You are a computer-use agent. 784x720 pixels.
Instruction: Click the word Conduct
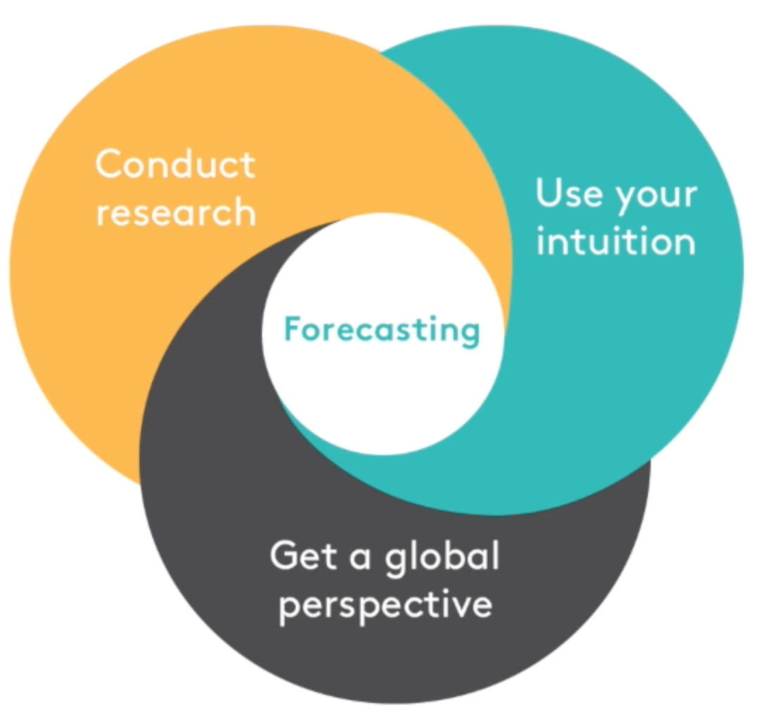[175, 164]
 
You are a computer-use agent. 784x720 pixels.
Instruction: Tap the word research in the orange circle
[176, 212]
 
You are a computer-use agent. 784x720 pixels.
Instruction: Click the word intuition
[616, 241]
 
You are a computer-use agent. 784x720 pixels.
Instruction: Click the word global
[442, 557]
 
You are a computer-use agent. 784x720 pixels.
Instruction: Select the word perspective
[385, 606]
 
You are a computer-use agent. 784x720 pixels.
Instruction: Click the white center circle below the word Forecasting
[382, 400]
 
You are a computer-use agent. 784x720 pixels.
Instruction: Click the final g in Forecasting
[471, 335]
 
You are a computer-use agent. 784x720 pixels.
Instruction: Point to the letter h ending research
[246, 212]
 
